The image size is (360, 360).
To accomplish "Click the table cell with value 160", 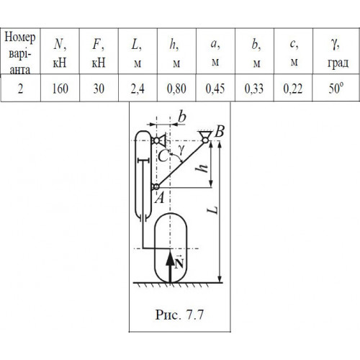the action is coord(60,88).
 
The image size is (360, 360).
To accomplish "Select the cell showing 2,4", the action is coord(138,88).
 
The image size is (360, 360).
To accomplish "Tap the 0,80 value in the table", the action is coord(176,88).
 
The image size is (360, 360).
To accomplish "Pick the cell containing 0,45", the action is coord(215,88).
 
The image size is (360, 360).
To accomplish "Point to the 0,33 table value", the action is coord(254,88).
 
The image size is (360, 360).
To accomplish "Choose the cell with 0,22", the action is coord(293,88).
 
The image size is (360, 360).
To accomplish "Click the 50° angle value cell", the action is coord(336,88).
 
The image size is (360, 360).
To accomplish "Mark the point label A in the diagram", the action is coord(160,198).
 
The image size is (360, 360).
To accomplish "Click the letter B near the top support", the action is coord(220,131).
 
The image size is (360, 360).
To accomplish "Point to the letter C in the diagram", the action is coord(163,156).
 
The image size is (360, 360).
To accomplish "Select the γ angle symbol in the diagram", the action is coord(181,150).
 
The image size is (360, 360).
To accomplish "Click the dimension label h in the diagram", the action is coord(202,166).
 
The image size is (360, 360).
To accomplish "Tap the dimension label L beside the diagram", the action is coord(212,210).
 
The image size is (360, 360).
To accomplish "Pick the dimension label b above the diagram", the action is coord(182,117).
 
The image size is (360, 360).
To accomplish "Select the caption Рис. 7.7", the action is coord(179,315).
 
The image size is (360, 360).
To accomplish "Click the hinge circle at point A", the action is coord(156,186).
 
